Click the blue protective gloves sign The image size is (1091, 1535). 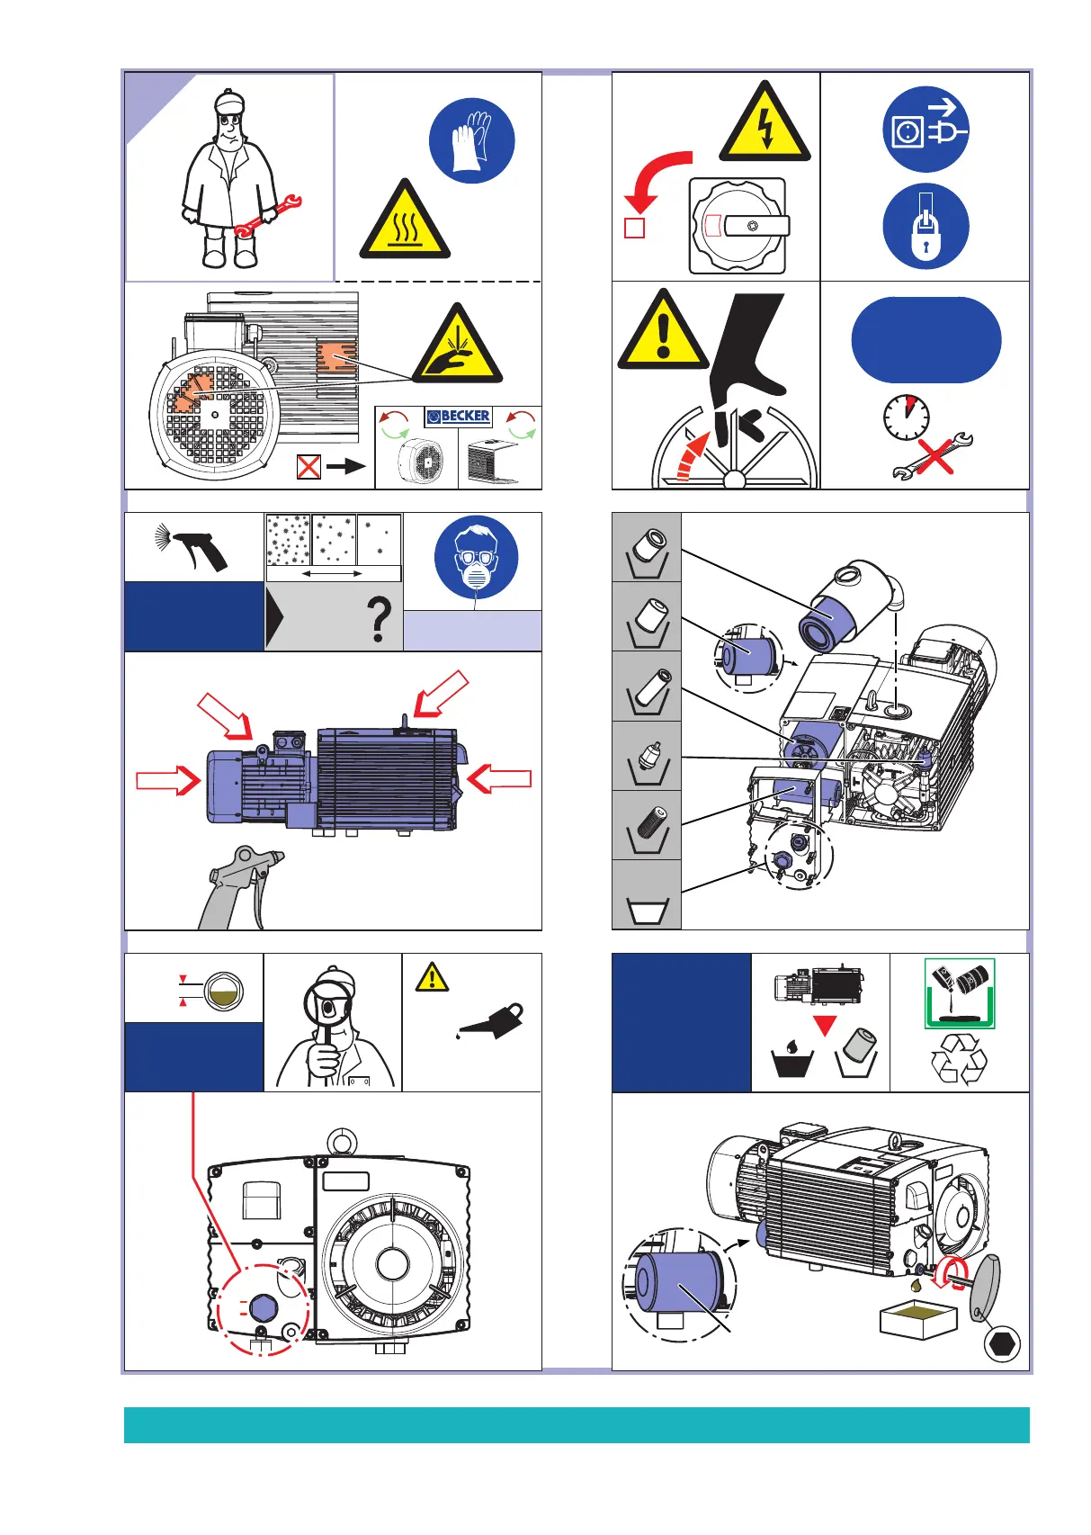click(472, 141)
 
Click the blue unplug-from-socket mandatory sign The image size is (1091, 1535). click(926, 130)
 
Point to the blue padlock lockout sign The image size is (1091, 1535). click(926, 226)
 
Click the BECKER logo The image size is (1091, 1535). click(459, 417)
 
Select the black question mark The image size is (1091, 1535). click(380, 621)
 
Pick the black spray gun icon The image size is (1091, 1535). click(194, 546)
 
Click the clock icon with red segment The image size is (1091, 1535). click(906, 418)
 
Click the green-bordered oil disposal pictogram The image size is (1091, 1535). click(960, 993)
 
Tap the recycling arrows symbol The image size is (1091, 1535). click(959, 1059)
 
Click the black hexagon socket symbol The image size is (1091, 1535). click(1001, 1345)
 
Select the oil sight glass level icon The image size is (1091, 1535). click(221, 991)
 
